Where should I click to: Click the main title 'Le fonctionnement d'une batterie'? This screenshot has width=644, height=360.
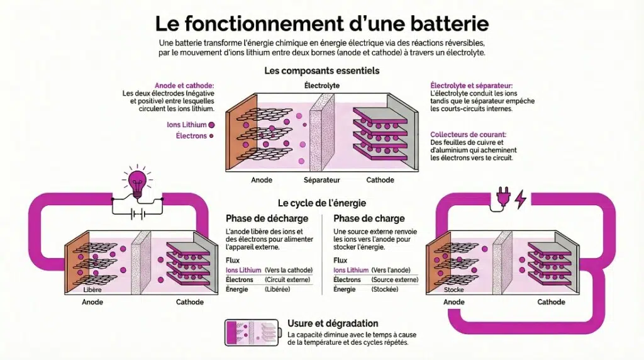pos(321,23)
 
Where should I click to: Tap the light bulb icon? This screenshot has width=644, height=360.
pos(136,181)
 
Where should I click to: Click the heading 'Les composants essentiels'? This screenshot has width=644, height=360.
pos(321,70)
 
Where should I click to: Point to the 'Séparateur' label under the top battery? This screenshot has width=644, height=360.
pos(321,180)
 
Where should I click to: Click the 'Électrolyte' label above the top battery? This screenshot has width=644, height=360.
pos(321,85)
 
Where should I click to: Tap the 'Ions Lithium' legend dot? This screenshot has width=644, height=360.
pos(211,125)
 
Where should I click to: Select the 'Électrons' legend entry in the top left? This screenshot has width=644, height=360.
pos(191,135)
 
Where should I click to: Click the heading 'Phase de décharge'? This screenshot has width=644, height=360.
pos(267,218)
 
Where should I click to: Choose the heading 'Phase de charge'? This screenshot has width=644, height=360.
pos(369,218)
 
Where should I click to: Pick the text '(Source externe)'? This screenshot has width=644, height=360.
pos(395,279)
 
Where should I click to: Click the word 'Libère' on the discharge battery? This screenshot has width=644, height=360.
pos(92,290)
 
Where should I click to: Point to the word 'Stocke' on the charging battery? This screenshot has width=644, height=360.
pos(453,290)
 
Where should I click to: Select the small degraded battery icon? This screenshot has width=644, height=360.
pos(251,332)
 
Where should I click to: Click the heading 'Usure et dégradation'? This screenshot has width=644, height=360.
pos(332,323)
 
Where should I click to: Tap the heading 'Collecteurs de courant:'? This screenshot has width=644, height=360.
pos(469,134)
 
